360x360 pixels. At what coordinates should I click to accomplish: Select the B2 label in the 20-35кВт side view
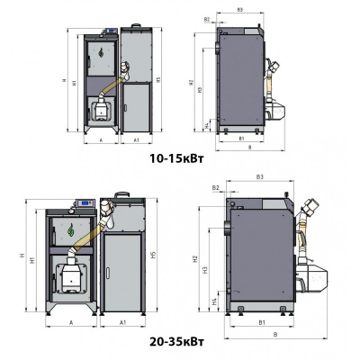tap(216, 187)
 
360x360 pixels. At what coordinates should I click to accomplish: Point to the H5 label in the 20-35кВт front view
tap(155, 256)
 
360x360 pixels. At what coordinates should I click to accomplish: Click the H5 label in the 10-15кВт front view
tap(158, 81)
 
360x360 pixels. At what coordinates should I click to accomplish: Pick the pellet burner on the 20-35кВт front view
tap(68, 274)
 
